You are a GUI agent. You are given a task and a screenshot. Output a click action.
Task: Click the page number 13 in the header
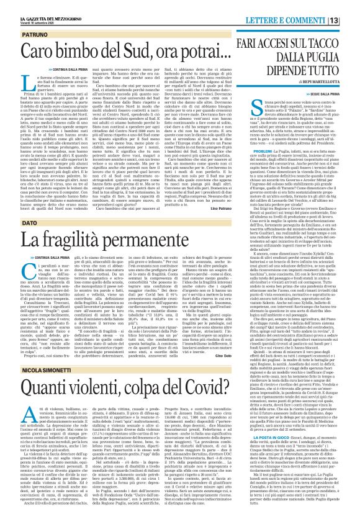pos(351,7)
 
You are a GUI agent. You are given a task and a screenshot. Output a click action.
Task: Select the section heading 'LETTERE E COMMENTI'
pos(308,7)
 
